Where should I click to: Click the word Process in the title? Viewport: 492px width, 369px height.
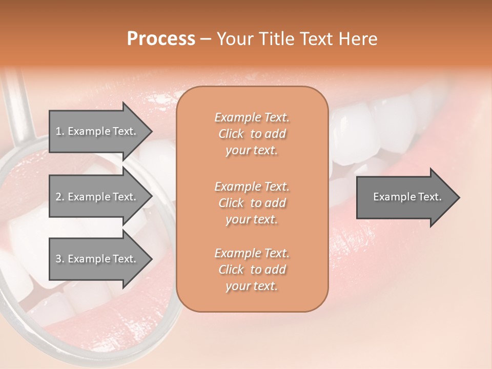click(161, 38)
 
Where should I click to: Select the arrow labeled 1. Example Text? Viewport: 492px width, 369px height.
click(95, 131)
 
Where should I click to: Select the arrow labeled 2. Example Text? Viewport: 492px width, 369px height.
click(95, 197)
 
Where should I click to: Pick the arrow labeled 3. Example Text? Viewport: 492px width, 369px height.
click(95, 259)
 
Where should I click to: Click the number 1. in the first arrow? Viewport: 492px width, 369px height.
click(59, 131)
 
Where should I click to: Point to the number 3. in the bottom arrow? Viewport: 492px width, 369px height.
click(59, 259)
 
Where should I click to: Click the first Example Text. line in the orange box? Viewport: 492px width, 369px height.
click(252, 117)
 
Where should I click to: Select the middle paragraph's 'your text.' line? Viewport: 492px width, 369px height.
click(252, 219)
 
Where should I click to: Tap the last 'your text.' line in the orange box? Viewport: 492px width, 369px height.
click(252, 286)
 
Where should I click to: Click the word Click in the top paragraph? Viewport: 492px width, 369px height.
click(231, 134)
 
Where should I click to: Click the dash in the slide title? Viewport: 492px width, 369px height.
click(206, 39)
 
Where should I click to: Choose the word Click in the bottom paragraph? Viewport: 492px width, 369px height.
click(231, 270)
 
